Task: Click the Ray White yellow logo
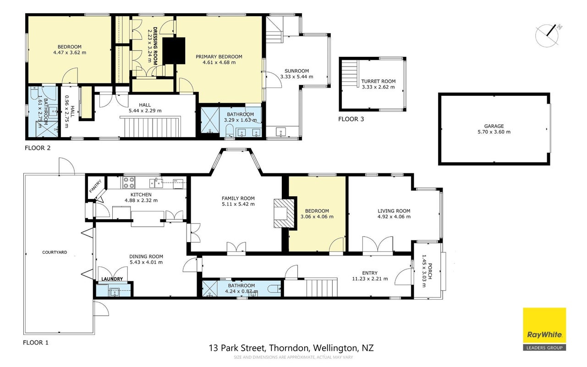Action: pyautogui.click(x=544, y=329)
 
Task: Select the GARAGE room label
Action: pyautogui.click(x=494, y=126)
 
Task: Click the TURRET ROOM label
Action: pyautogui.click(x=378, y=81)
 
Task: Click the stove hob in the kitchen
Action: pyautogui.click(x=129, y=183)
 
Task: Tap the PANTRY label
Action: pyautogui.click(x=95, y=186)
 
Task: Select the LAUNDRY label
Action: pyautogui.click(x=112, y=279)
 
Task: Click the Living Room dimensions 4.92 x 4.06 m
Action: pyautogui.click(x=394, y=217)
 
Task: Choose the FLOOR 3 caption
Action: pyautogui.click(x=351, y=119)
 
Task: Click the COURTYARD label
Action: pyautogui.click(x=55, y=252)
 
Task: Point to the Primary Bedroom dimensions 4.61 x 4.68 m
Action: pyautogui.click(x=219, y=62)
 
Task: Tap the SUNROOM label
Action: pyautogui.click(x=296, y=71)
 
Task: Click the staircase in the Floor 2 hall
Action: pyautogui.click(x=150, y=127)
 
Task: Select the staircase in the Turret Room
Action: pyautogui.click(x=350, y=74)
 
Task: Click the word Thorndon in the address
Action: pyautogui.click(x=289, y=348)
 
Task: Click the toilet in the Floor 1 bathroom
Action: pyautogui.click(x=274, y=289)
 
